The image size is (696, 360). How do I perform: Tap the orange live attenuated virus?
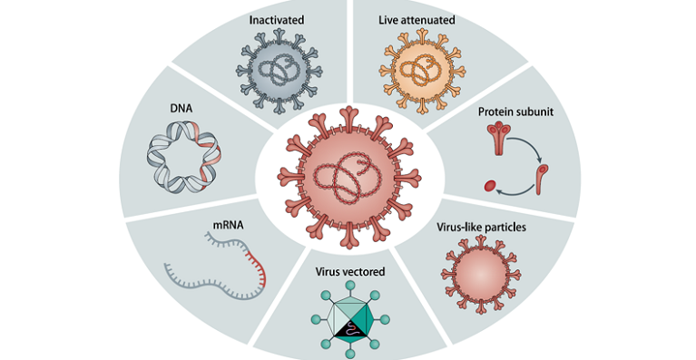click(x=418, y=68)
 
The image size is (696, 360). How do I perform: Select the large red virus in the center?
click(x=348, y=171)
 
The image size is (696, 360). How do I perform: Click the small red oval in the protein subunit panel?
click(x=491, y=189)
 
